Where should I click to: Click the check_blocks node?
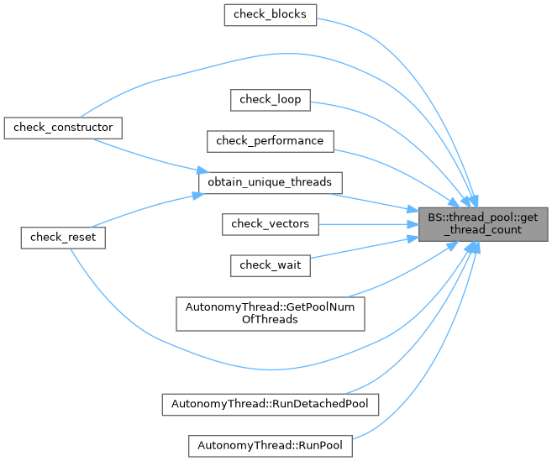point(270,15)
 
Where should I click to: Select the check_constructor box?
point(63,128)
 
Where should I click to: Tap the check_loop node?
point(271,100)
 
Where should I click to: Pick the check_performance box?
point(270,140)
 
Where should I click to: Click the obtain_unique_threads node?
point(270,181)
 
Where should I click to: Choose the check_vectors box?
point(270,223)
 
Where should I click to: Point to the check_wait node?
point(271,264)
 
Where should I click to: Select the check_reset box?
point(63,238)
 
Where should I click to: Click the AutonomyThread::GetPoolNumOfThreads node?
point(270,312)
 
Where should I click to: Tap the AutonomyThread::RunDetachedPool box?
point(270,404)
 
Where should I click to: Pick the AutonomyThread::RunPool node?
point(270,445)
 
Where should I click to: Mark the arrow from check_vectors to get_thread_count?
point(370,223)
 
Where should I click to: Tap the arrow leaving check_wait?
point(361,249)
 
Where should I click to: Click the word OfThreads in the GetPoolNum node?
point(270,319)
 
